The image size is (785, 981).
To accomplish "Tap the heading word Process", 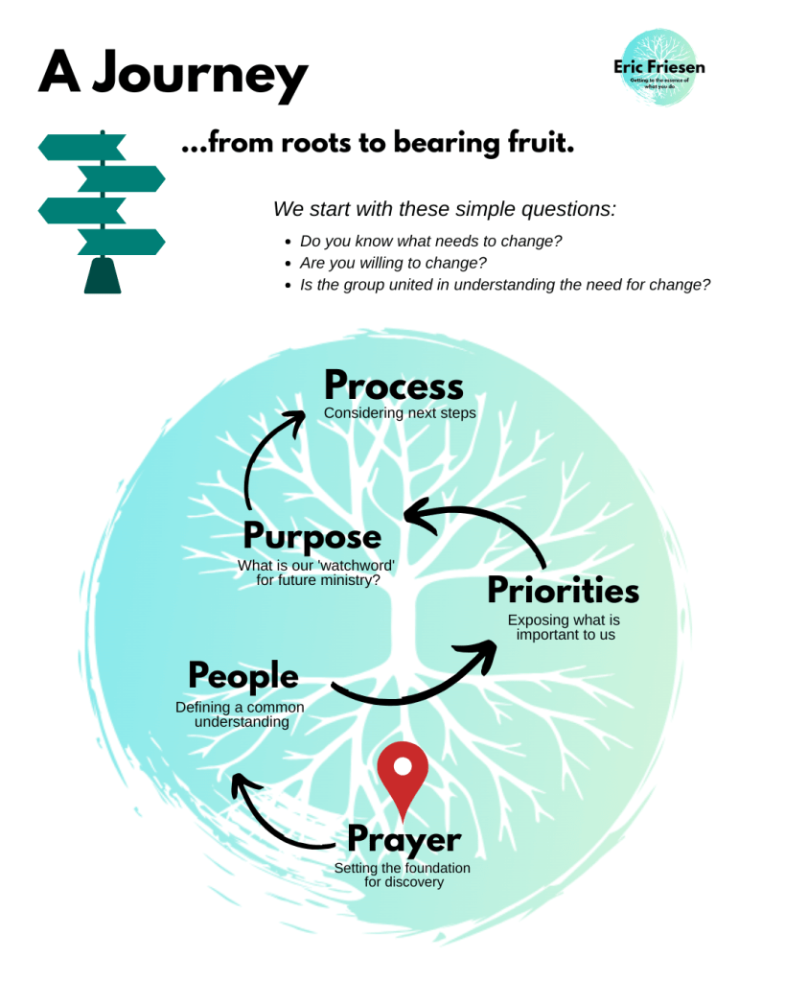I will point(393,385).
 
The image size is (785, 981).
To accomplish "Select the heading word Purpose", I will point(312,536).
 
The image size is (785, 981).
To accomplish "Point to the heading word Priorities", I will point(563,590).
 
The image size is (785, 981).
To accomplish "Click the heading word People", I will point(242,676).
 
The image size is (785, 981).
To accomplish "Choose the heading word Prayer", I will point(404,839).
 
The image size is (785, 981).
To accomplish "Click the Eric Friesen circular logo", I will point(658,68).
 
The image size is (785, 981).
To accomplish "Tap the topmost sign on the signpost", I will point(81,148).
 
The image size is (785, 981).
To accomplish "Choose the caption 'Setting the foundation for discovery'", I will point(403,875).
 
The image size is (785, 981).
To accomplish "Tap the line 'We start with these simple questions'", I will point(445,209).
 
